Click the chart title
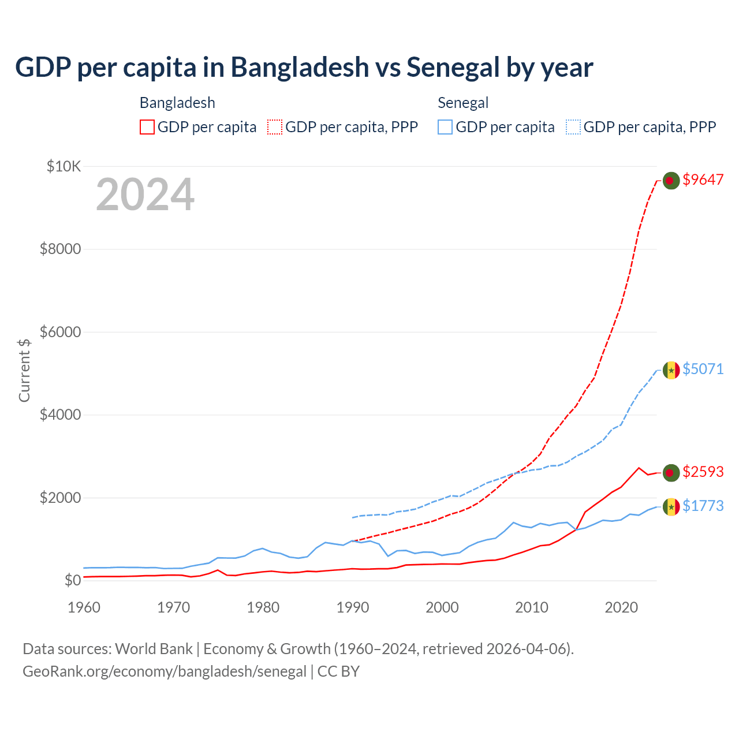pos(304,67)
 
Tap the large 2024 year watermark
pos(145,195)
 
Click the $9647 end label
pos(703,180)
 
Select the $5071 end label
pos(703,369)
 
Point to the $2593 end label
pos(703,472)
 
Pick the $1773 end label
pos(703,506)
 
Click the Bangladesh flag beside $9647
pos(670,181)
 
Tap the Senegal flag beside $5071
pos(670,369)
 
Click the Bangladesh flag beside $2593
pos(670,472)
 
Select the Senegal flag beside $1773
pos(670,506)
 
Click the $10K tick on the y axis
pos(64,167)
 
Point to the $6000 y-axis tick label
pos(60,332)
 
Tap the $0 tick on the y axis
pos(72,580)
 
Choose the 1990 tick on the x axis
pos(353,607)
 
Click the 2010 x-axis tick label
pos(532,607)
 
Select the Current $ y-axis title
pos(24,370)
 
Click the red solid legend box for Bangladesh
pos(147,127)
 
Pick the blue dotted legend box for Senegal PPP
pos(573,127)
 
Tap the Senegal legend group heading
pos(463,103)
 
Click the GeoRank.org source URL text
pos(165,671)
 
